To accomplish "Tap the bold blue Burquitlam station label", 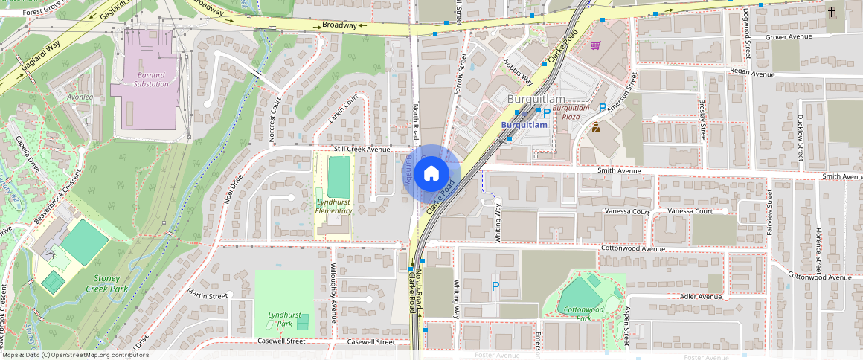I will [x=524, y=125].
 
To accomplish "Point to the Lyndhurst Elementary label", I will [x=333, y=206].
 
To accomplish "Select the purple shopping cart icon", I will [x=595, y=45].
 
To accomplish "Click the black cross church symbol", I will [x=832, y=13].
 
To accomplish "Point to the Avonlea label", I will [x=80, y=97].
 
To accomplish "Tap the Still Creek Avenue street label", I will [x=362, y=149].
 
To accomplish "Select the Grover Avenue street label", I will [x=789, y=36].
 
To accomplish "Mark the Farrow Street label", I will [x=460, y=78].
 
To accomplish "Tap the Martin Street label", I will [x=207, y=295].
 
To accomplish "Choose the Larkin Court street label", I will [x=343, y=109].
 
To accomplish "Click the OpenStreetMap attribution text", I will [x=74, y=355].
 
